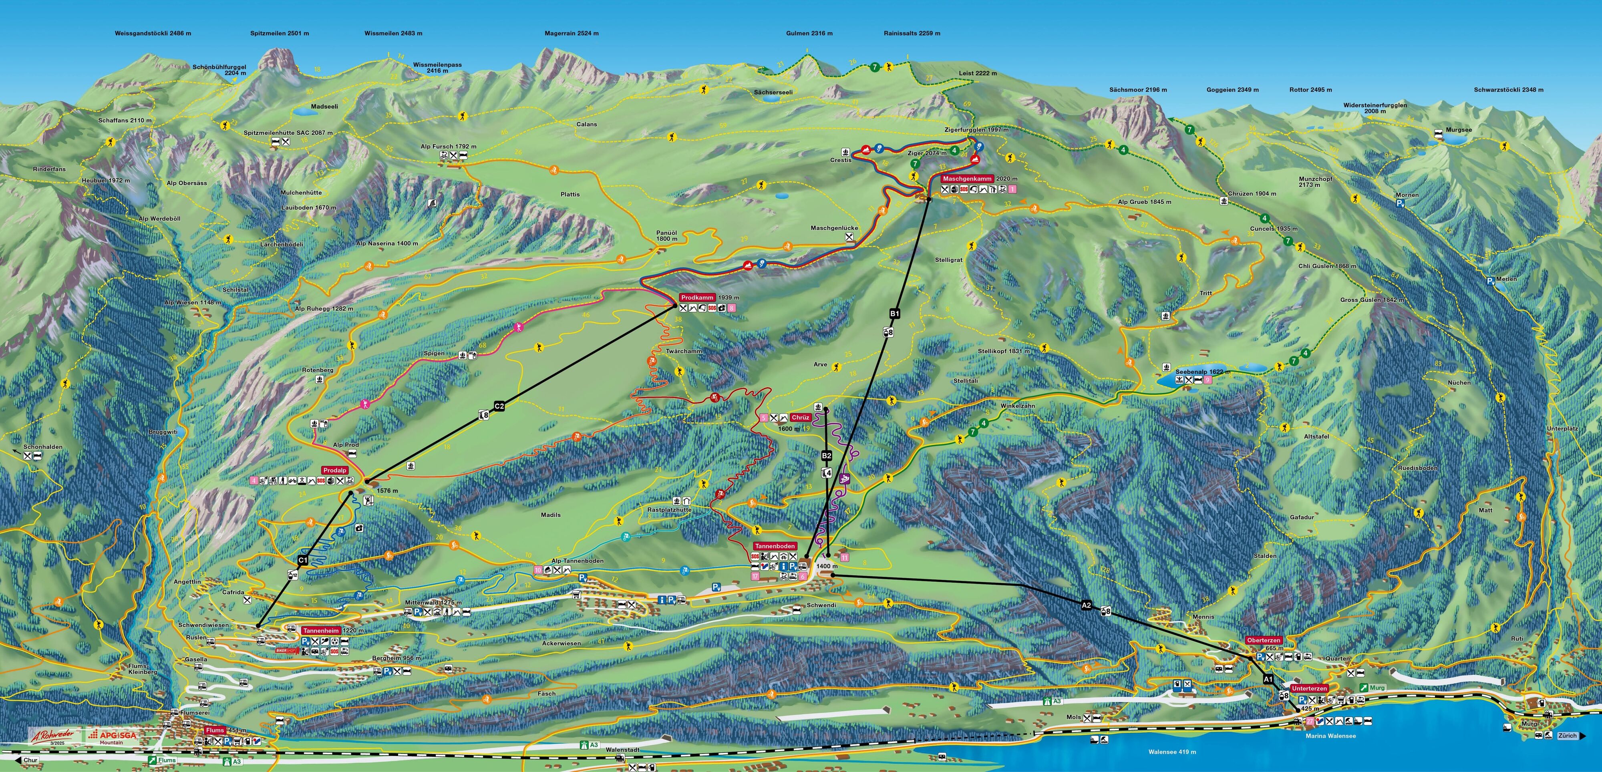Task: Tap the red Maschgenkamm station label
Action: point(967,179)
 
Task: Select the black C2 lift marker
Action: point(499,406)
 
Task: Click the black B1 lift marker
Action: point(894,314)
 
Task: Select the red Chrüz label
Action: point(800,418)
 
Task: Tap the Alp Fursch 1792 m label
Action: point(449,147)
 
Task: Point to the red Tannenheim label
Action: point(321,630)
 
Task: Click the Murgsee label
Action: point(1458,130)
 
